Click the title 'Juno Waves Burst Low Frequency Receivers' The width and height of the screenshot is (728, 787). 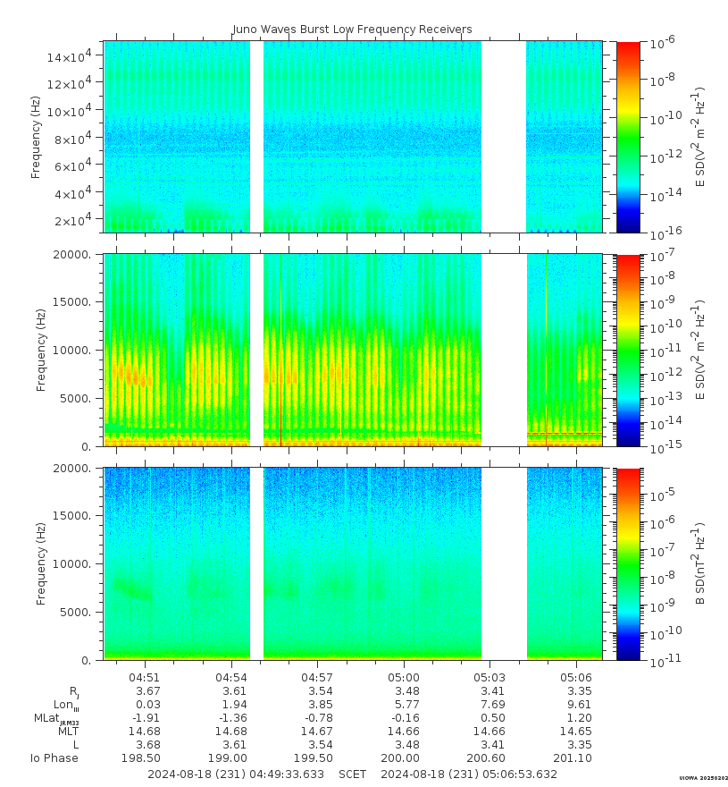[x=352, y=30]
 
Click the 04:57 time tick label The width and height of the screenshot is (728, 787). [x=317, y=677]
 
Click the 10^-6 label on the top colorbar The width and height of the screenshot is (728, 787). [x=663, y=42]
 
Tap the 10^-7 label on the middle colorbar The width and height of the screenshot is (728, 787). [x=663, y=257]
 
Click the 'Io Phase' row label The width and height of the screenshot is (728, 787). [x=54, y=758]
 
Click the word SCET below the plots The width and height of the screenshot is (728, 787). [x=352, y=774]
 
